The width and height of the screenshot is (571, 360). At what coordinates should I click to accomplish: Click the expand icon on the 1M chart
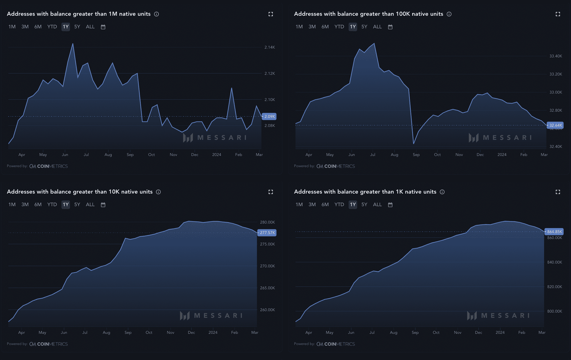click(271, 14)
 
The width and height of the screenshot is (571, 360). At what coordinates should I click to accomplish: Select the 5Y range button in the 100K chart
click(364, 27)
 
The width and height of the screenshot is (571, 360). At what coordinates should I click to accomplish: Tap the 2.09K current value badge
click(269, 117)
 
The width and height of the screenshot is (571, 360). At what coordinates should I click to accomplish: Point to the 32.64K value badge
click(555, 125)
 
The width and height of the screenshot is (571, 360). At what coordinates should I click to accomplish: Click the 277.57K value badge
click(267, 233)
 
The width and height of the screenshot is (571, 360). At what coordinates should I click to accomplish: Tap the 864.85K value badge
click(554, 232)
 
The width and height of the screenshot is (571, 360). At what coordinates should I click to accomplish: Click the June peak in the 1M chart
click(73, 44)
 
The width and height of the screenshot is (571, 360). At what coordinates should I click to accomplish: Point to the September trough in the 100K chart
click(414, 143)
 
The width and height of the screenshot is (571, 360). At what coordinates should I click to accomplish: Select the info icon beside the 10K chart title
click(158, 192)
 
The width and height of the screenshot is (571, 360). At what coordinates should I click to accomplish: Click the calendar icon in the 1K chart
click(390, 205)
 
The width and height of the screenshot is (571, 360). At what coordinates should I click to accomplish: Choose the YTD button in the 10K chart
click(52, 204)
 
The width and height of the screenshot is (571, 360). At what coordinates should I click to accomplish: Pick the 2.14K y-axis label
click(269, 47)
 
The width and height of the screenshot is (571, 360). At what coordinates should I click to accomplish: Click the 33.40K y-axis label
click(555, 56)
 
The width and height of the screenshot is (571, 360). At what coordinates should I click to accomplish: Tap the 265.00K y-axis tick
click(267, 288)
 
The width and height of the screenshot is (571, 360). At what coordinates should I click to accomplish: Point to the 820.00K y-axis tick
click(554, 287)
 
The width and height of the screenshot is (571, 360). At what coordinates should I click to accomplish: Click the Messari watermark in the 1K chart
click(499, 316)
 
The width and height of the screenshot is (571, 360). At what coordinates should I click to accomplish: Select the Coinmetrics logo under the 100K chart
click(335, 166)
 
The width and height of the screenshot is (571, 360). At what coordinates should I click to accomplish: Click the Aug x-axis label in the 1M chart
click(108, 155)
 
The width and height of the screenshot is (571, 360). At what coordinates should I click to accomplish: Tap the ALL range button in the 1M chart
click(90, 27)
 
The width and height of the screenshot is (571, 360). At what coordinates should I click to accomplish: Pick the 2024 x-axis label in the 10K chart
click(213, 333)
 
